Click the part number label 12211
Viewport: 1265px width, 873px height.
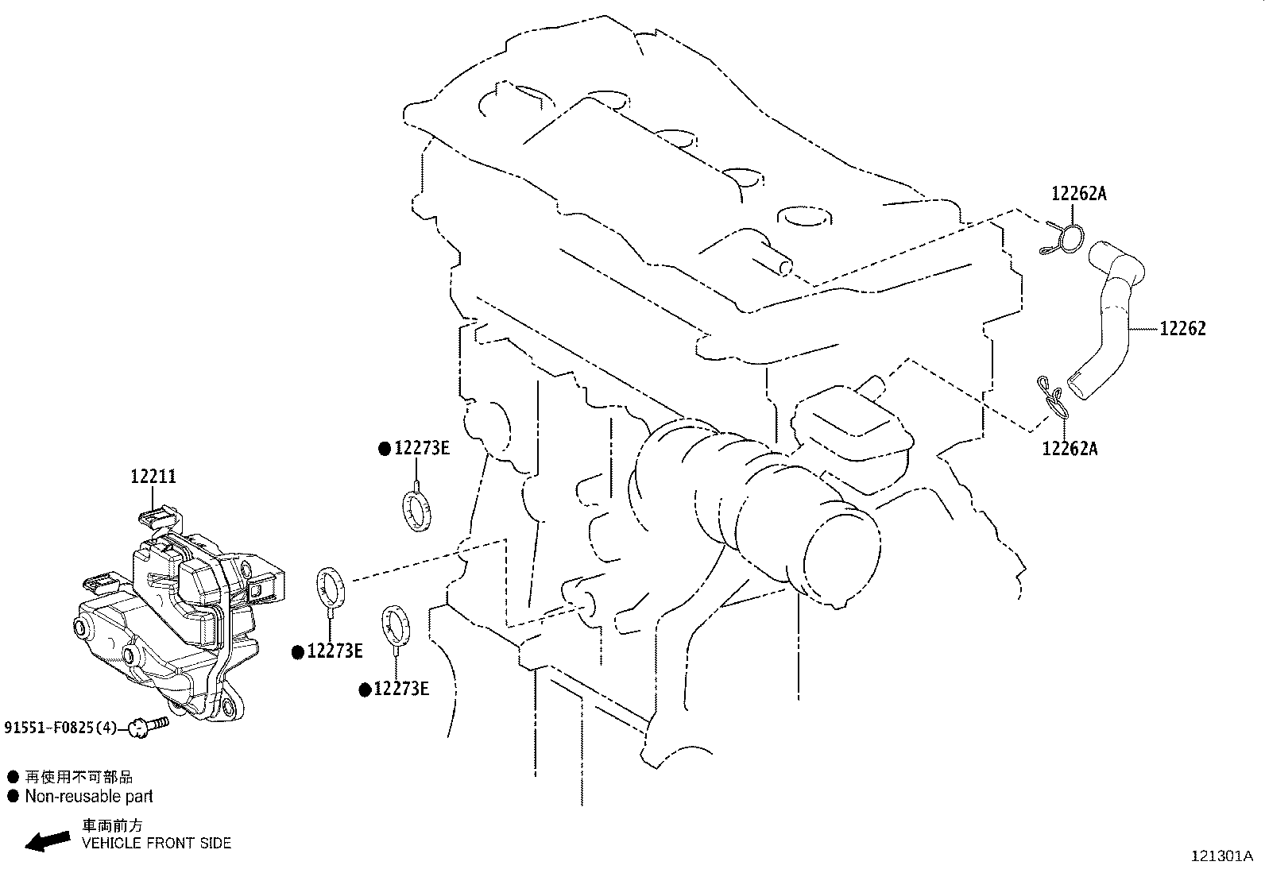[153, 477]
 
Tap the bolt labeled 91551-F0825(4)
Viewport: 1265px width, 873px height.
[149, 726]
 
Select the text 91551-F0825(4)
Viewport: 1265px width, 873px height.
[60, 728]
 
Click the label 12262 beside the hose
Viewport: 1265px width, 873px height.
[1182, 329]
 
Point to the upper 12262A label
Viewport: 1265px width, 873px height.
[1078, 194]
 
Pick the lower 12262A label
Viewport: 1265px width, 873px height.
[1070, 448]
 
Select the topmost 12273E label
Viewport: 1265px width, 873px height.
[421, 448]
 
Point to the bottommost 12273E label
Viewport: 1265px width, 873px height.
[401, 689]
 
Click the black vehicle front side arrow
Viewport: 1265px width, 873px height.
[48, 840]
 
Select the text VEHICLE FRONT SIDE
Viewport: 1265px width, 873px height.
[157, 843]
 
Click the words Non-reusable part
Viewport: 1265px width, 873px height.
[89, 796]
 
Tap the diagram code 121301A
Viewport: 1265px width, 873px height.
[1222, 856]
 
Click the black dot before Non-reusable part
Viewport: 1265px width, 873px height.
[13, 796]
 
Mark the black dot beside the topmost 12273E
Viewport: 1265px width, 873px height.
[385, 449]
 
